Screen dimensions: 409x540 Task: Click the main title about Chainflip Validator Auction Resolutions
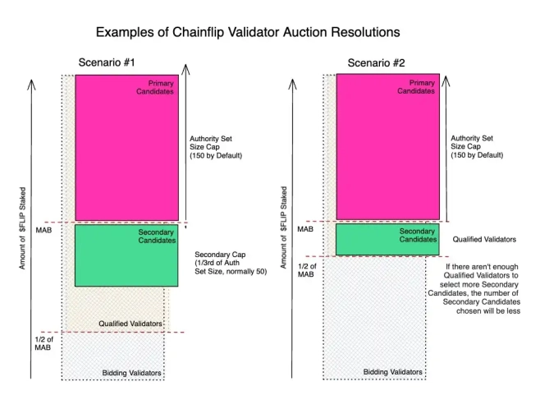(x=248, y=32)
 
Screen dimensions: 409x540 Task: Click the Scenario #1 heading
(x=106, y=63)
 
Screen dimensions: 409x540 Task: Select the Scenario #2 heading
(x=376, y=63)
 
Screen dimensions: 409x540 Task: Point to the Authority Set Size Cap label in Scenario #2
(x=477, y=146)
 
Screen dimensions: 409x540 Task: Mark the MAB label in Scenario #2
(x=305, y=230)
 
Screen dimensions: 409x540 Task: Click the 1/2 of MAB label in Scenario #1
(x=44, y=343)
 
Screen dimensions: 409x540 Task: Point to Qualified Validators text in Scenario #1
(x=130, y=324)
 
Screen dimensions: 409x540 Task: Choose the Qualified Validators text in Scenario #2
(x=484, y=240)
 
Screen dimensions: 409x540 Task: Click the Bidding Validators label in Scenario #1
(x=131, y=374)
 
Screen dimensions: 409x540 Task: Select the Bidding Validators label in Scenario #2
(x=393, y=372)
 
